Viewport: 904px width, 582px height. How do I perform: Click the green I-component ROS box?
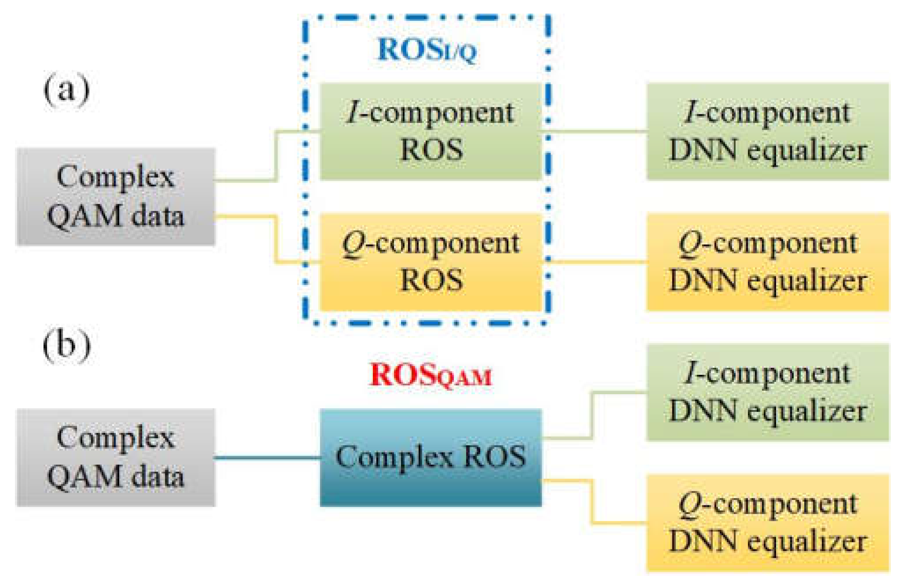(x=430, y=132)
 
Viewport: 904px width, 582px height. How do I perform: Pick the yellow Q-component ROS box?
(x=430, y=262)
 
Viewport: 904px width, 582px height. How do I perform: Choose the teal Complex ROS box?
(x=430, y=458)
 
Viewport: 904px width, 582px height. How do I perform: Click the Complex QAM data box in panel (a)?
(x=116, y=196)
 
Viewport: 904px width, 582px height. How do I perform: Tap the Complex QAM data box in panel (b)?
(x=116, y=458)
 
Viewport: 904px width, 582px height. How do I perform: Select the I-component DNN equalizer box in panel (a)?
(x=767, y=132)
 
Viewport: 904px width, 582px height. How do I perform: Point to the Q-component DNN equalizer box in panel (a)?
(x=767, y=262)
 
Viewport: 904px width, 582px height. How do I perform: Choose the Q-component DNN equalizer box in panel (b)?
(x=767, y=523)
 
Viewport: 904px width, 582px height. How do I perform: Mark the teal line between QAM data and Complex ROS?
(x=267, y=458)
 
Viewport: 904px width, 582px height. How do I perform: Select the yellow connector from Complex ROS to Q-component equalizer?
(x=592, y=501)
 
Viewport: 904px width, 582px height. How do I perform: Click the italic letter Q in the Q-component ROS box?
(x=353, y=244)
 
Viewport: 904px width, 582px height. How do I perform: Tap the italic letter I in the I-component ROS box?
(x=353, y=113)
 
